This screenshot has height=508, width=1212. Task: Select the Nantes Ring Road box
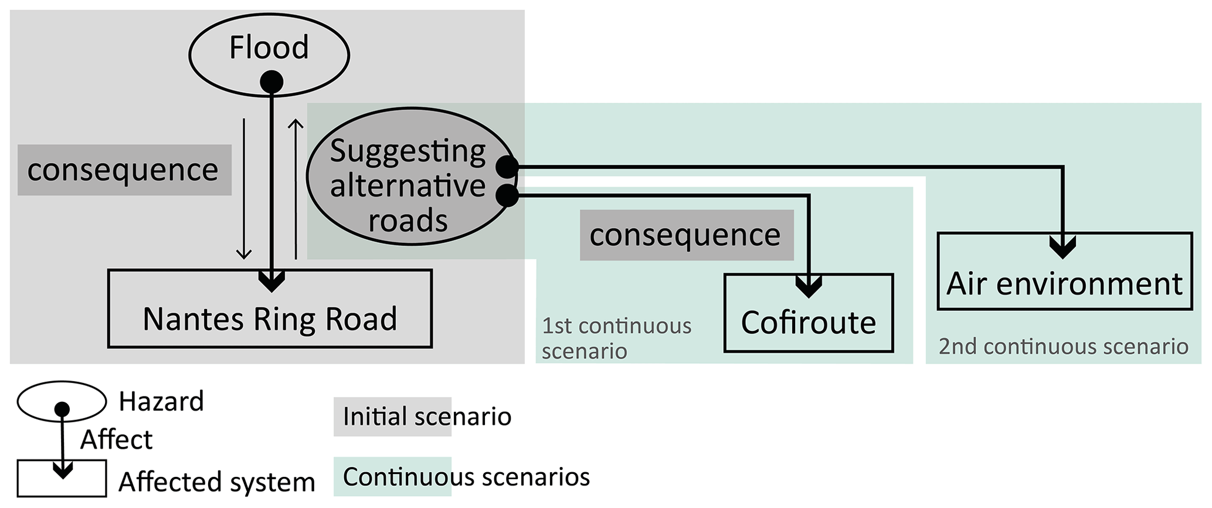click(x=270, y=319)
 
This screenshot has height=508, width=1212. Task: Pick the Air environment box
click(x=1065, y=283)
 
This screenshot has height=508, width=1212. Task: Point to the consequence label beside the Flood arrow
click(x=124, y=170)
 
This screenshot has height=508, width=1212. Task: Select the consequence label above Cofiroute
click(x=686, y=235)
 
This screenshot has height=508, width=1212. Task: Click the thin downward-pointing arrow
click(x=244, y=188)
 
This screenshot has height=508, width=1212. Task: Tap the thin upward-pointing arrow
click(x=296, y=188)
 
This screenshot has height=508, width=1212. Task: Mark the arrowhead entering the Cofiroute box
click(x=809, y=287)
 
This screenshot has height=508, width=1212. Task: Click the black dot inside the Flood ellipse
click(x=271, y=82)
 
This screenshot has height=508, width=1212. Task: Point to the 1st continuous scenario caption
click(x=616, y=338)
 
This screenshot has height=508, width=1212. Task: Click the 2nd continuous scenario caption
click(x=1063, y=346)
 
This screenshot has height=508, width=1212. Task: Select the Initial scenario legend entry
click(x=426, y=416)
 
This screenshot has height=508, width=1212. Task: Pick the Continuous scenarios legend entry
click(x=466, y=477)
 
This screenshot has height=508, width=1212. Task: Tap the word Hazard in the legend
click(x=161, y=402)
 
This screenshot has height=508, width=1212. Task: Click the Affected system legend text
click(x=217, y=482)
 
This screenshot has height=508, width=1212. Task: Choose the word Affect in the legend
click(x=117, y=439)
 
